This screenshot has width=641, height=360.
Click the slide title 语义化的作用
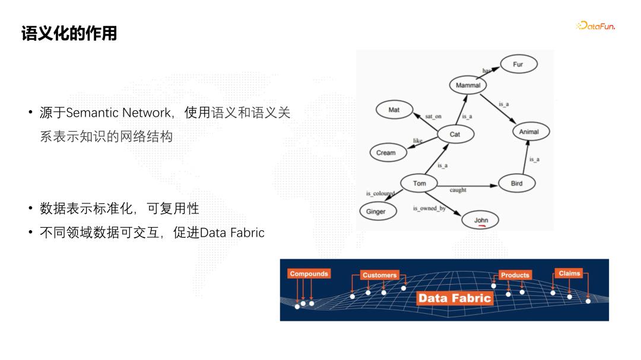(69, 33)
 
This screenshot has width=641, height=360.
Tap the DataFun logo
(595, 26)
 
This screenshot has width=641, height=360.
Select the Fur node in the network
(518, 64)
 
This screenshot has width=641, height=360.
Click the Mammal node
(468, 85)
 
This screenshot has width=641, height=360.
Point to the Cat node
(455, 135)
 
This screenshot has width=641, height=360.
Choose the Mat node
(394, 110)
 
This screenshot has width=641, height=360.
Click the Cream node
(386, 152)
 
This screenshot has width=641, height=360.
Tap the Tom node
(420, 183)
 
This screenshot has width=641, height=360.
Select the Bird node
(516, 183)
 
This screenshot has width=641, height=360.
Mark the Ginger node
(376, 212)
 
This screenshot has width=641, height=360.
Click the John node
(481, 220)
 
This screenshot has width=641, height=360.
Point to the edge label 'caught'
(458, 190)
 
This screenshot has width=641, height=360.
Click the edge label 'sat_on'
(433, 117)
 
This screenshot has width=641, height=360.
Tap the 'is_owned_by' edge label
(429, 209)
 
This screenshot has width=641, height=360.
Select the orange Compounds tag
(309, 274)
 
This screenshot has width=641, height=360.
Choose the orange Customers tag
(379, 275)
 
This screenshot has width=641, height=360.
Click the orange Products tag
(515, 275)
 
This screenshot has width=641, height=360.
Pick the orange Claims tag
(569, 273)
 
